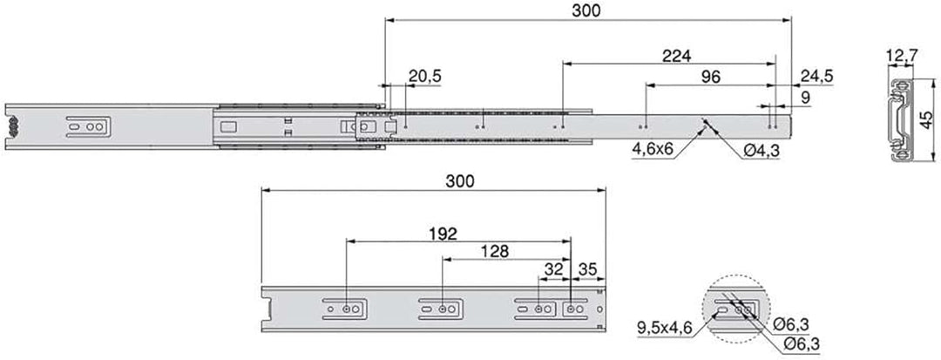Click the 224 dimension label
(676, 56)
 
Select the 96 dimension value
(710, 77)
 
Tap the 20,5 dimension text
(425, 76)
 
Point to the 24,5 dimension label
(816, 76)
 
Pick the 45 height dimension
(926, 119)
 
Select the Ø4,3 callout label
(761, 151)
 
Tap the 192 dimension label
(443, 234)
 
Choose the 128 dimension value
(494, 251)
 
